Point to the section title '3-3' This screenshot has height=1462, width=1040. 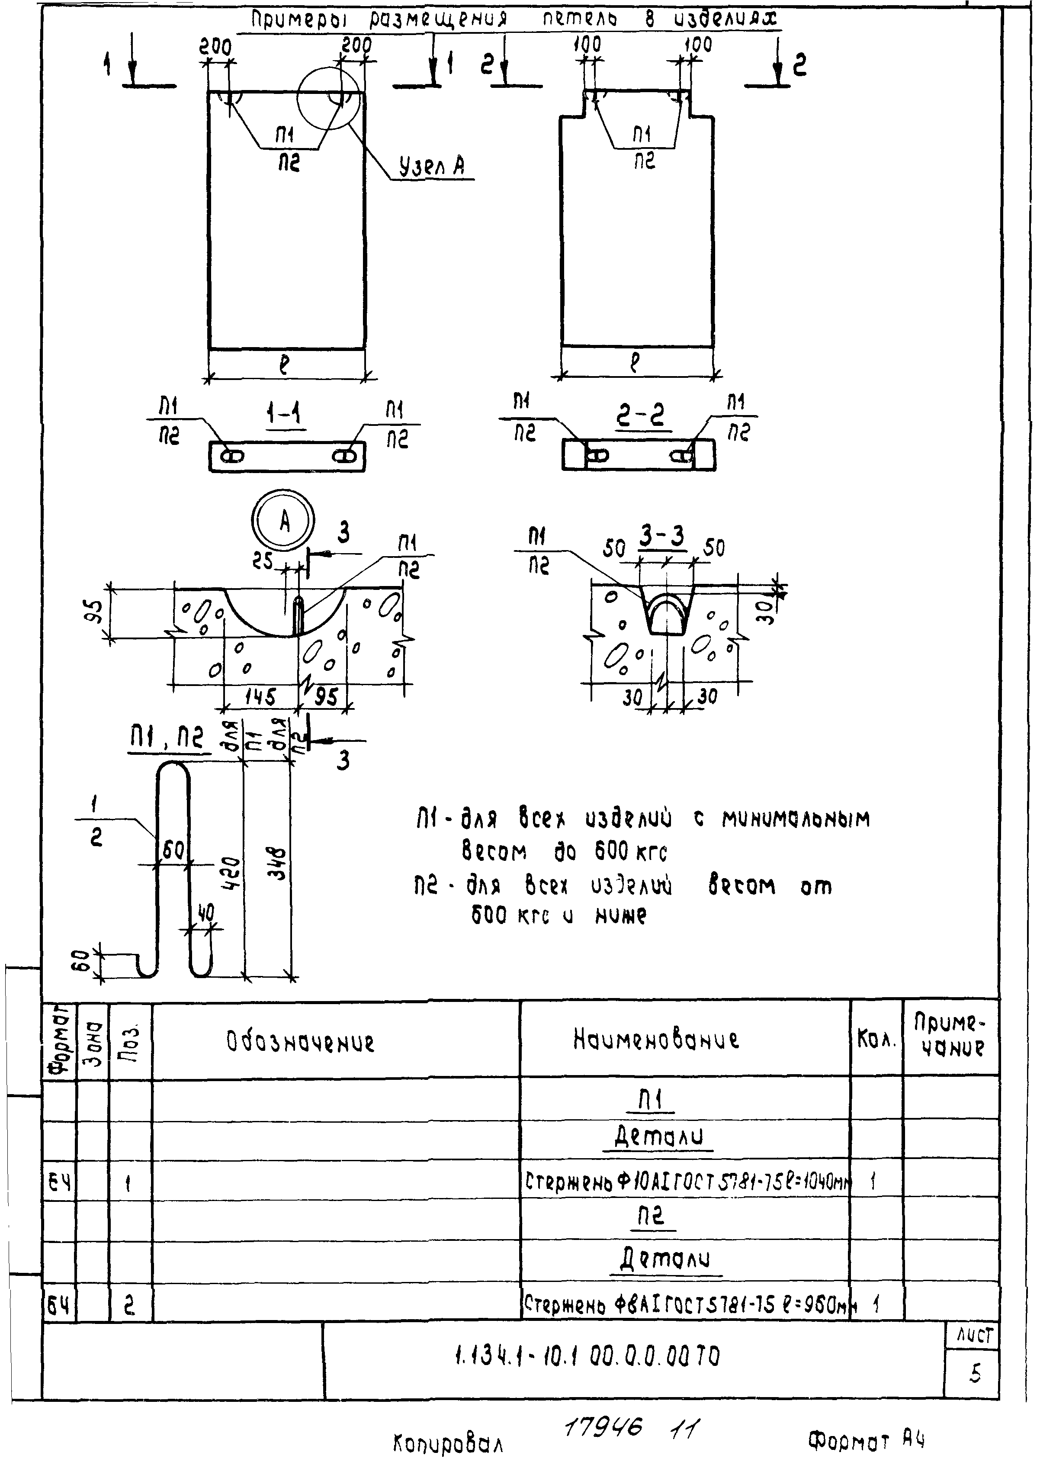coord(662,536)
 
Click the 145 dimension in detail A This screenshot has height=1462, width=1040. coord(260,696)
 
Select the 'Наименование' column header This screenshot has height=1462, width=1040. coord(656,1039)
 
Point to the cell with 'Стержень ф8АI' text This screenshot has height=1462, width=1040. coord(686,1303)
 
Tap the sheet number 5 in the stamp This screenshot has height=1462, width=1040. coord(975,1373)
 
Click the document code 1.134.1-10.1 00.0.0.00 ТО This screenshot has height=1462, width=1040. coord(587,1356)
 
